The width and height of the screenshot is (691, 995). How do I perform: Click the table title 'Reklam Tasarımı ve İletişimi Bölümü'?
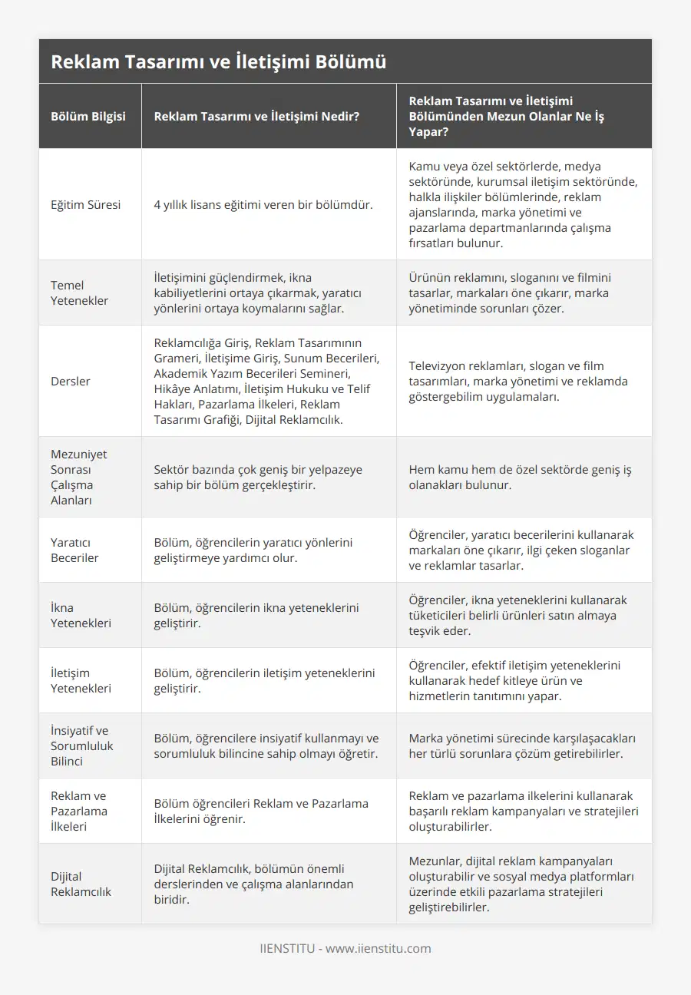[218, 62]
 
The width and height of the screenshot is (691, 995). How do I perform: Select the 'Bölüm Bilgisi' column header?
[88, 117]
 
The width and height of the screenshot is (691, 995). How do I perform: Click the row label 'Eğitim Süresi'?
[85, 205]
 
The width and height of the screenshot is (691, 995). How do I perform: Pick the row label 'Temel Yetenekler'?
[79, 293]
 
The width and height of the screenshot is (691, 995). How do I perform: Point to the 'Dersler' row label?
[70, 381]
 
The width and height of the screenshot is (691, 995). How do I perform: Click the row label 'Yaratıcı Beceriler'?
[74, 550]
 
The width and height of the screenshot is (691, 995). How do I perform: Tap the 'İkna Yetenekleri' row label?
[81, 615]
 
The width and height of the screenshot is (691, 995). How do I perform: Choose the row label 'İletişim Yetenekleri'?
[81, 680]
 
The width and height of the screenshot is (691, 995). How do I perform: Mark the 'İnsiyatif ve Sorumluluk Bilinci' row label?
[81, 745]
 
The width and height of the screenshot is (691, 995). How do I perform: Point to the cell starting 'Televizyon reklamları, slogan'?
[518, 381]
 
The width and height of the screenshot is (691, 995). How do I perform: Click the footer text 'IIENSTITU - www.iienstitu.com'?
[345, 948]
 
